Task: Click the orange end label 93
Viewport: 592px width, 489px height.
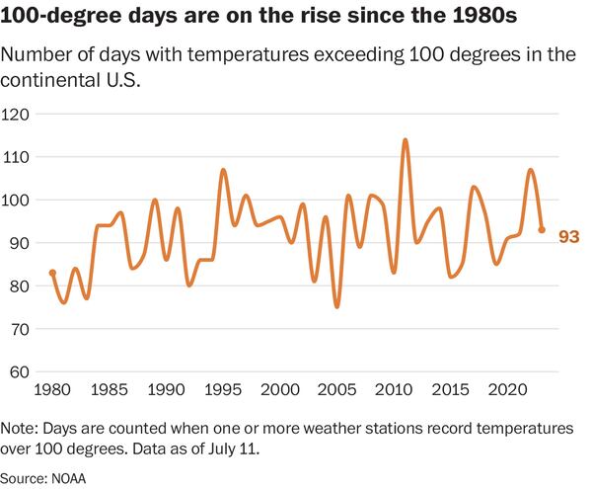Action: click(x=567, y=236)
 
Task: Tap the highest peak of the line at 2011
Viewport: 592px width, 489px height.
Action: click(x=405, y=140)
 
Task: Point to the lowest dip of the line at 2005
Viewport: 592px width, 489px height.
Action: click(x=336, y=306)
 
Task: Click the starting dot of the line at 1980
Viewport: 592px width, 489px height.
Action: click(x=52, y=273)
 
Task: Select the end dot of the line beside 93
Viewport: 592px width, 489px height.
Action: click(x=542, y=230)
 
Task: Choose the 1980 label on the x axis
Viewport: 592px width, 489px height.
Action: click(x=52, y=389)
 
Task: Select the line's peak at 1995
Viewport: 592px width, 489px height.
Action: click(x=223, y=170)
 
